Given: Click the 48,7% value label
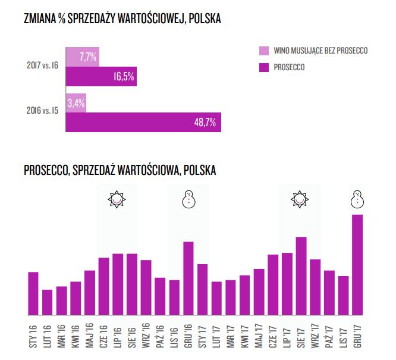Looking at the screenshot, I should [x=205, y=123].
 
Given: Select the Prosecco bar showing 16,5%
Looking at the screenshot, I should [x=101, y=77].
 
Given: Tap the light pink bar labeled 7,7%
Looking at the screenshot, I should [x=82, y=57].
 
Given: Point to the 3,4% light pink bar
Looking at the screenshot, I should [x=76, y=102].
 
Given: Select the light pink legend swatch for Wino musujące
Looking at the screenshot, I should [x=264, y=51].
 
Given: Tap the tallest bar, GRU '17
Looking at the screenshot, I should [x=357, y=265].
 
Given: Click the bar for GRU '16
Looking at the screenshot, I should [x=188, y=278].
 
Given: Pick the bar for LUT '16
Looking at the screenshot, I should [x=47, y=302].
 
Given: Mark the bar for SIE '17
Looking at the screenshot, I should [x=301, y=276].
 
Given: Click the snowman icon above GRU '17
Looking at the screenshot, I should [x=357, y=199].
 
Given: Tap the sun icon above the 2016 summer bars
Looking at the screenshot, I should [x=117, y=199].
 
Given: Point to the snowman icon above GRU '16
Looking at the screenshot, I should [x=188, y=199].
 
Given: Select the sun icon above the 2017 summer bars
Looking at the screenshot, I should [x=301, y=199].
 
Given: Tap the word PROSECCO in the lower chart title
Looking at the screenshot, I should [x=46, y=170].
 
